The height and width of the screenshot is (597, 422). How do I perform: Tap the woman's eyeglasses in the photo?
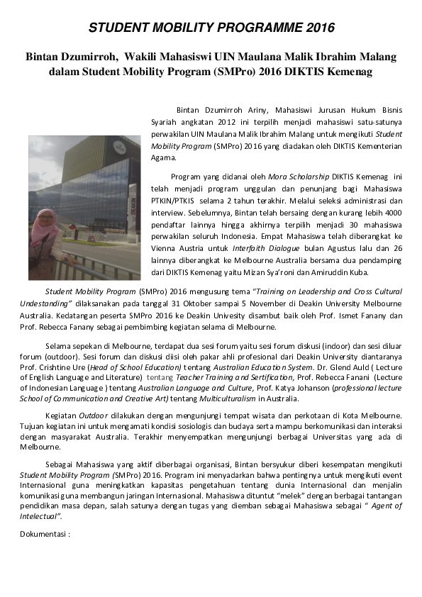[46, 218]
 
